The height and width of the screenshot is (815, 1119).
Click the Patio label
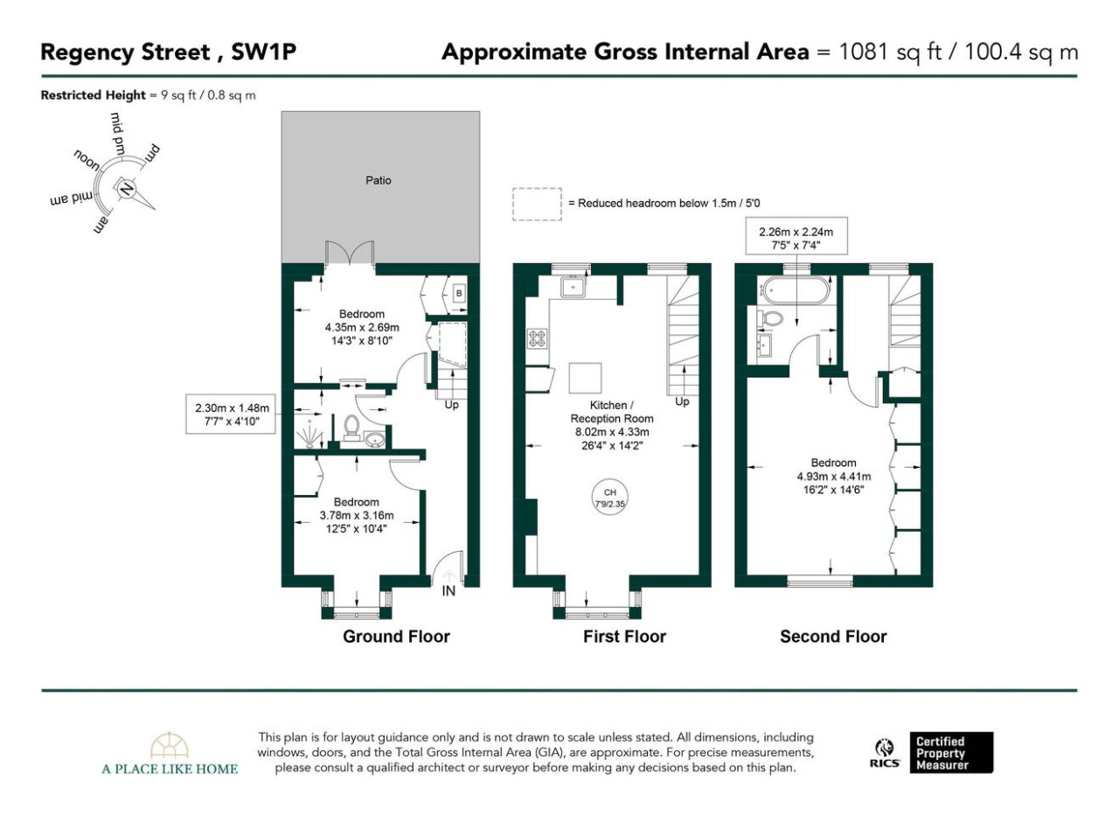pos(379,180)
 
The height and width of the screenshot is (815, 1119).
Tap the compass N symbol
pos(126,189)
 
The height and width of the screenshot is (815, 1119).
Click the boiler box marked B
pos(459,293)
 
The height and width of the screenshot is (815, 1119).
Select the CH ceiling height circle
pos(609,498)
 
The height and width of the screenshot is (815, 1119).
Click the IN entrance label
pos(448,591)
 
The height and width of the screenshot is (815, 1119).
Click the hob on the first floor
pos(537,338)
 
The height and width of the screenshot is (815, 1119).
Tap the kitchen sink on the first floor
pos(573,287)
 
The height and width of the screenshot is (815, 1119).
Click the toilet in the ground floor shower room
pos(351,428)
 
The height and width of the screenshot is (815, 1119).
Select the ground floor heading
pos(396,637)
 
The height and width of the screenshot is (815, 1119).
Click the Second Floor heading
pos(833,637)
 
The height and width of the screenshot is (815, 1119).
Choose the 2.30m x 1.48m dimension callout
pos(230,414)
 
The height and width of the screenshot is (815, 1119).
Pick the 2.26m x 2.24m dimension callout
pos(796,239)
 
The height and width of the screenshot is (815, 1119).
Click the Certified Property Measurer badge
pos(951,753)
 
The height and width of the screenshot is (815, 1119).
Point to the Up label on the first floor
pos(682,401)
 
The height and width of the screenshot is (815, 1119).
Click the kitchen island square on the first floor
pos(585,378)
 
